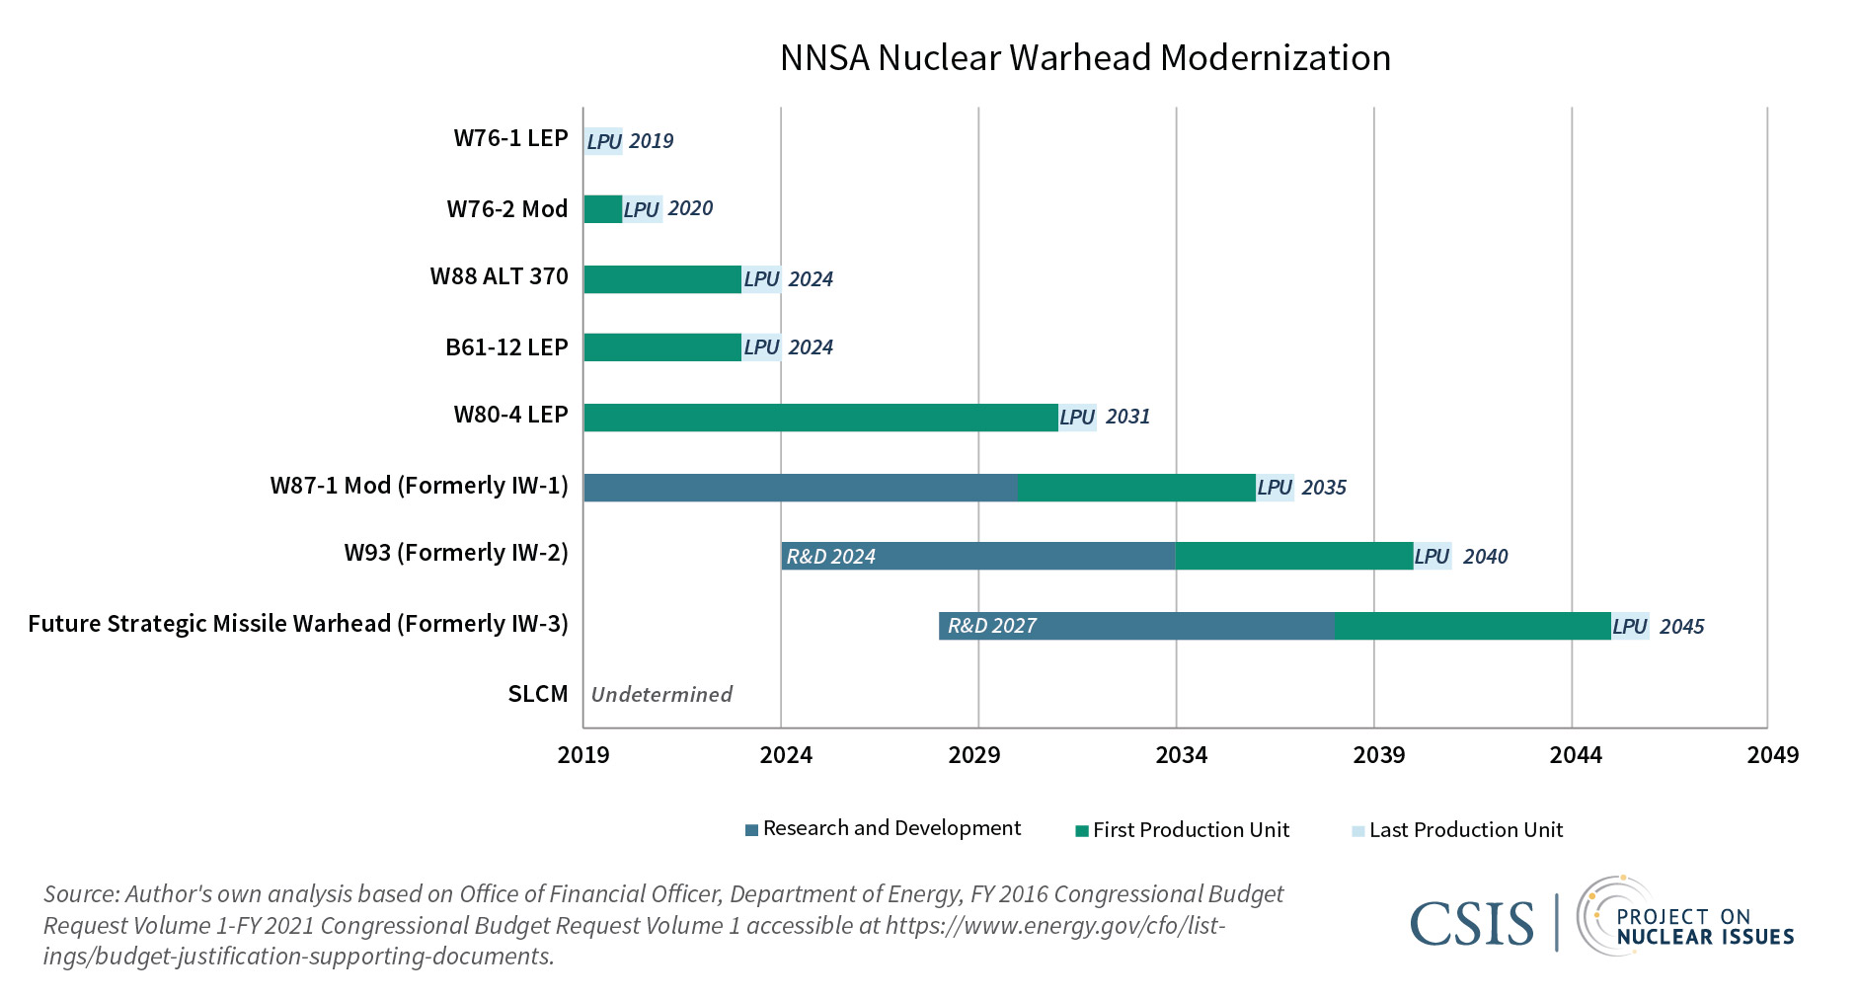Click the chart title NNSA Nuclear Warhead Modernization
pyautogui.click(x=1084, y=58)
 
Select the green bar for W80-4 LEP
pyautogui.click(x=819, y=418)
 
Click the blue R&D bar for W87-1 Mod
pyautogui.click(x=800, y=488)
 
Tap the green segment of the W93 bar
pyautogui.click(x=1293, y=557)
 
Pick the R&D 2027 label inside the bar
pyautogui.click(x=991, y=626)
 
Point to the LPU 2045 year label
pyautogui.click(x=1681, y=627)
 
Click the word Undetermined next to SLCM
pyautogui.click(x=661, y=695)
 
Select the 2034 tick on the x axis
pyautogui.click(x=1181, y=755)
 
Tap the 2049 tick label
pyautogui.click(x=1772, y=755)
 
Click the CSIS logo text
pyautogui.click(x=1471, y=924)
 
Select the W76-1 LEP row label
pyautogui.click(x=510, y=138)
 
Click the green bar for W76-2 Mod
pyautogui.click(x=602, y=209)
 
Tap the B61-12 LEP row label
pyautogui.click(x=506, y=347)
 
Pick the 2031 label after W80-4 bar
pyautogui.click(x=1127, y=417)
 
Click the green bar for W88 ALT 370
pyautogui.click(x=661, y=279)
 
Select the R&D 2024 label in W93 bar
pyautogui.click(x=830, y=557)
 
